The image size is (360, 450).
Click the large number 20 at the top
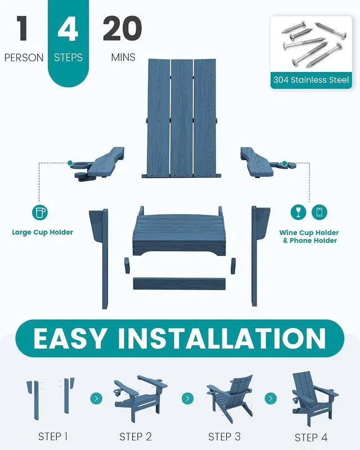coord(122,28)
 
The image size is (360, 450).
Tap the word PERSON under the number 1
coord(24,58)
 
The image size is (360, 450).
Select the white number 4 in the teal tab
coord(67,28)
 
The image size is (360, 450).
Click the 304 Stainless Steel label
coord(311,80)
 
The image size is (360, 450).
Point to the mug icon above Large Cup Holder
coord(39,213)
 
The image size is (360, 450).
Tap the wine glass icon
coord(298,212)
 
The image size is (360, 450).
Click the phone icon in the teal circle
coord(319,212)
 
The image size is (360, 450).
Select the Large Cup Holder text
coord(43,232)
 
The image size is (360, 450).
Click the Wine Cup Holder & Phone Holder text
coord(309,236)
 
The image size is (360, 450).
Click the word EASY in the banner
coord(69,338)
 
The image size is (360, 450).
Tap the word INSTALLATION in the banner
coord(222,338)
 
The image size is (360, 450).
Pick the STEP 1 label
coord(53,436)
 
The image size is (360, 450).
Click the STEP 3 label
coord(224,436)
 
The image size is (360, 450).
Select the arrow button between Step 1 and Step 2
coord(96,398)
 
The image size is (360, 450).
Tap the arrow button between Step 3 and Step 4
coord(271,398)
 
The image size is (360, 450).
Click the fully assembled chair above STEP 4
coord(314,399)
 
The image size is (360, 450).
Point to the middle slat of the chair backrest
coord(182,118)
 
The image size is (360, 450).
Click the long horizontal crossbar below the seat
coord(179,283)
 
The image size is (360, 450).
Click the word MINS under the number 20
coord(123,57)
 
